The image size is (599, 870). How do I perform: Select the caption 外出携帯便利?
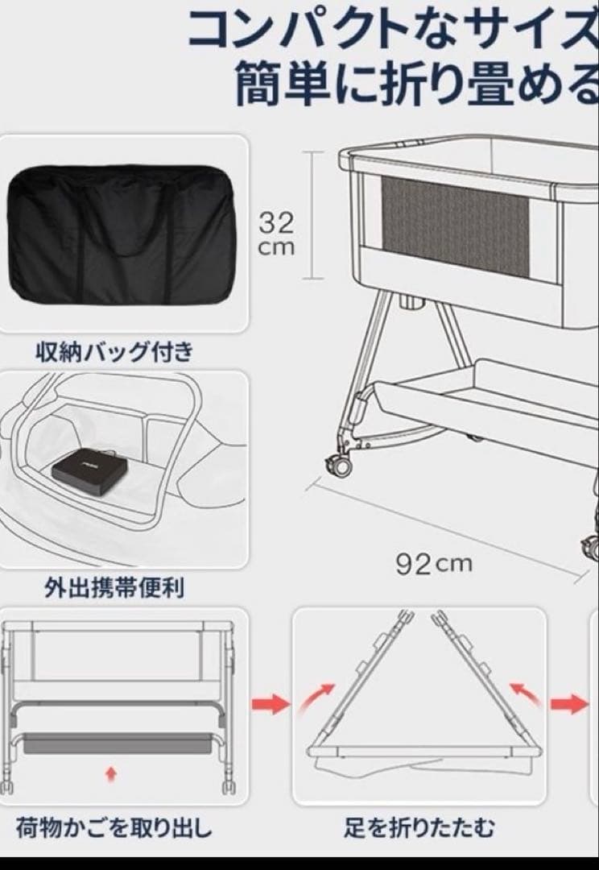pyautogui.click(x=114, y=588)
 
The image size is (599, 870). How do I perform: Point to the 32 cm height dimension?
pyautogui.click(x=276, y=232)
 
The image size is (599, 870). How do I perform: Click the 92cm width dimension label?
pyautogui.click(x=433, y=563)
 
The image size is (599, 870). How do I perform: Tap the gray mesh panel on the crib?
pyautogui.click(x=456, y=228)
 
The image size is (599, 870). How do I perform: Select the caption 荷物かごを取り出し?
pyautogui.click(x=114, y=827)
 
